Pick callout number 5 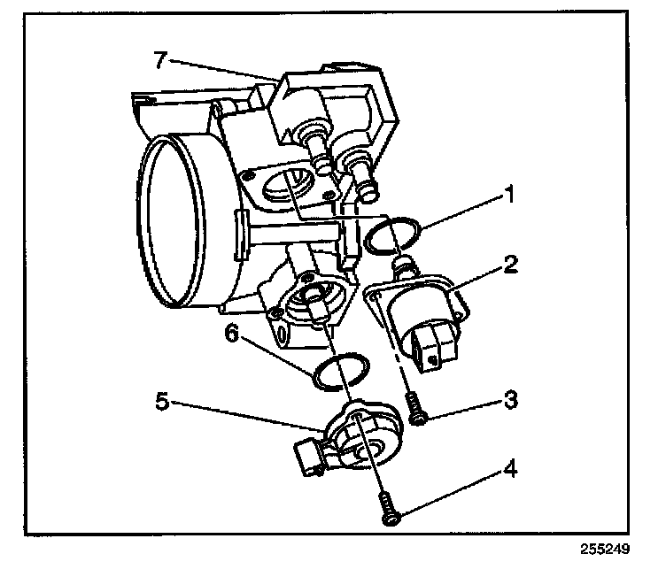[162, 401]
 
